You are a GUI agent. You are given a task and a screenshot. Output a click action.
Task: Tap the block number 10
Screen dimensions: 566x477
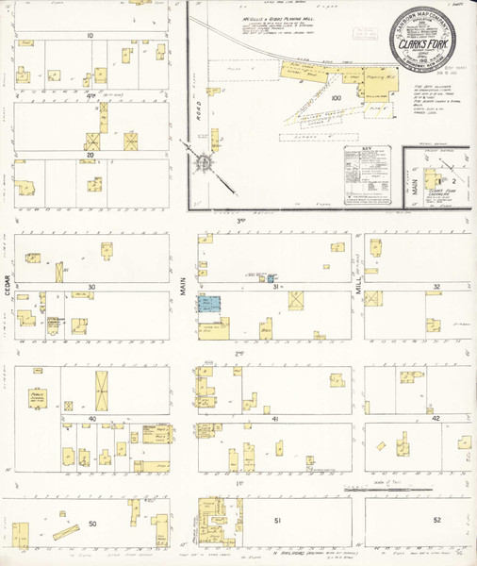click(x=90, y=35)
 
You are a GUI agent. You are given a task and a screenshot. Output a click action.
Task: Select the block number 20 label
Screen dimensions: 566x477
click(x=90, y=155)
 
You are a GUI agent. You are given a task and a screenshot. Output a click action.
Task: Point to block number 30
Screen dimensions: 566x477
click(x=91, y=286)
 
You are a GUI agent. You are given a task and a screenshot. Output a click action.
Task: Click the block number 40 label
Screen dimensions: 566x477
click(x=91, y=417)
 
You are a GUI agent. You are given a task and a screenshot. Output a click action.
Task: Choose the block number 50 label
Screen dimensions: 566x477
click(x=91, y=522)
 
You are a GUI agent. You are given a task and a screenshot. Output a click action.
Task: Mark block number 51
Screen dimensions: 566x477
click(x=277, y=521)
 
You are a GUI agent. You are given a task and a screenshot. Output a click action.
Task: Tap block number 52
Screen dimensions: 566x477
click(x=436, y=521)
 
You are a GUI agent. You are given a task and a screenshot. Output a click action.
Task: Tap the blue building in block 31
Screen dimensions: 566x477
click(x=208, y=305)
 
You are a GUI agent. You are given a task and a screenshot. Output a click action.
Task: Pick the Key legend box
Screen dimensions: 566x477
click(x=368, y=173)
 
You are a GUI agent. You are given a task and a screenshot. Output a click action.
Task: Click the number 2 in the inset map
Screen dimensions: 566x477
click(x=452, y=178)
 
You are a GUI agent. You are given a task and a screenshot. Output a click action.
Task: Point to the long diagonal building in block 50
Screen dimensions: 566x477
click(x=67, y=532)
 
